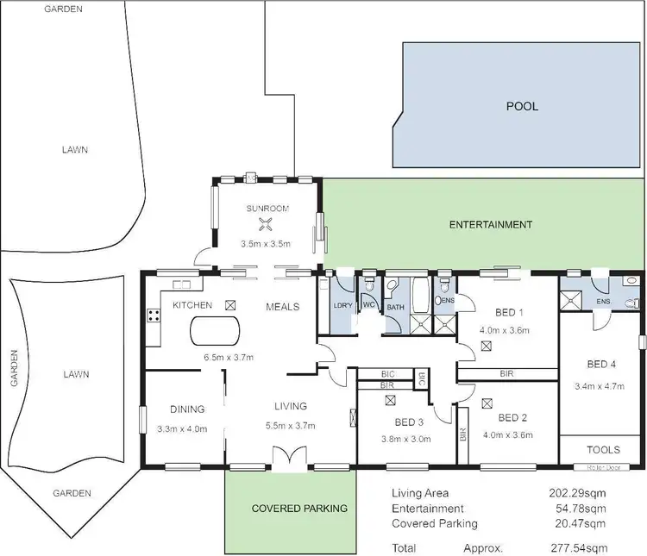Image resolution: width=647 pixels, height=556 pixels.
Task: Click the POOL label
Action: (522, 107)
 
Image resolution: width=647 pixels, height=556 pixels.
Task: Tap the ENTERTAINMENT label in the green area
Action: (491, 225)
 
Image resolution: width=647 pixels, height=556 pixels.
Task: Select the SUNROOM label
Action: (267, 209)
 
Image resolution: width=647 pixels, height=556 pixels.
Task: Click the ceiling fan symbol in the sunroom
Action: (267, 226)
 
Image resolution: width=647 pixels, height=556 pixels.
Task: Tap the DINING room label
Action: (187, 409)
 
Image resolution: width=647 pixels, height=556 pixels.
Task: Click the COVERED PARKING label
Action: (299, 509)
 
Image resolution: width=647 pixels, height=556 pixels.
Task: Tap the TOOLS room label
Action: (602, 449)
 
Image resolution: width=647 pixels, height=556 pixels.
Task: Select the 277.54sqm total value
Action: (579, 547)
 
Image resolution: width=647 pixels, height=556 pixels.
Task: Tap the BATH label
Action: (395, 307)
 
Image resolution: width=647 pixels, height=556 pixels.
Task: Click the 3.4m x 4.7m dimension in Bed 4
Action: (599, 386)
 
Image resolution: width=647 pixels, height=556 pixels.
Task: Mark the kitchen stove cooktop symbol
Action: (154, 315)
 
